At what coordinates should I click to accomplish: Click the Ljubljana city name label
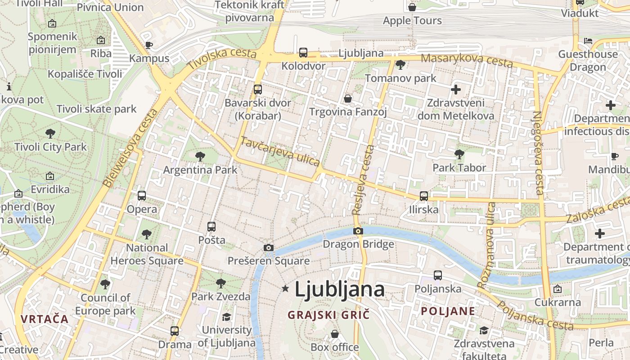pyautogui.click(x=339, y=289)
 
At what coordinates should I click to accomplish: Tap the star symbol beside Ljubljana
pyautogui.click(x=285, y=288)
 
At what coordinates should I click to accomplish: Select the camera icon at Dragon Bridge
pyautogui.click(x=358, y=231)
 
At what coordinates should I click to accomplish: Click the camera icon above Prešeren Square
pyautogui.click(x=269, y=247)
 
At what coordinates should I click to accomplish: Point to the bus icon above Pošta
pyautogui.click(x=211, y=227)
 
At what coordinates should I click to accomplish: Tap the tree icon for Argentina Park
pyautogui.click(x=200, y=157)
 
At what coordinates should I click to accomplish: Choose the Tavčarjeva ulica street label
pyautogui.click(x=280, y=151)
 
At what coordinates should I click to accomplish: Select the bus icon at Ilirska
pyautogui.click(x=423, y=196)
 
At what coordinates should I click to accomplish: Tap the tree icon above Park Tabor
pyautogui.click(x=459, y=154)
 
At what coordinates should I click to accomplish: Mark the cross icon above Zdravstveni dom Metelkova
pyautogui.click(x=456, y=90)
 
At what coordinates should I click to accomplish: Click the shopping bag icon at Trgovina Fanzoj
pyautogui.click(x=348, y=98)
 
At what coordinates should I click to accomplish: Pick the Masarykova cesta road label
pyautogui.click(x=467, y=60)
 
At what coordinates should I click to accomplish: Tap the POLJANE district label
pyautogui.click(x=448, y=311)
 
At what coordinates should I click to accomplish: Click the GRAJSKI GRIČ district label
pyautogui.click(x=328, y=315)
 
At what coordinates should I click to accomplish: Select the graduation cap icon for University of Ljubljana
pyautogui.click(x=226, y=317)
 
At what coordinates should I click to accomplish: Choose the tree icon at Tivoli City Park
pyautogui.click(x=50, y=133)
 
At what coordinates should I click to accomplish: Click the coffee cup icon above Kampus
pyautogui.click(x=149, y=45)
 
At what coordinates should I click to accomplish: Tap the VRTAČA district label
pyautogui.click(x=44, y=319)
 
